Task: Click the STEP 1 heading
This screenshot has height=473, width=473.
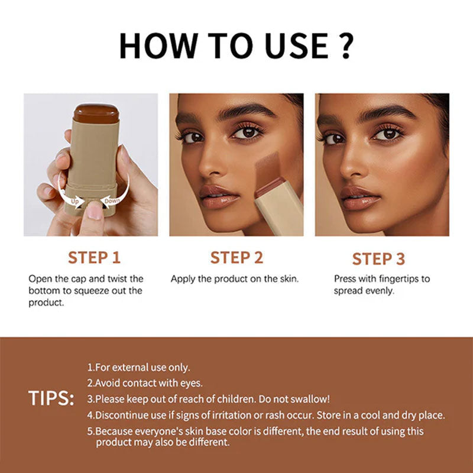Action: point(94,258)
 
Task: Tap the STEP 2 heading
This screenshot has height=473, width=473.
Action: point(237,258)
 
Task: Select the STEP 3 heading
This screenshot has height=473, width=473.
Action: point(378,259)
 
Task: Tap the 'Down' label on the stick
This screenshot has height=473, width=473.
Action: point(112,201)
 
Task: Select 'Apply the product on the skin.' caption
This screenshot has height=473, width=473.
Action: point(235,278)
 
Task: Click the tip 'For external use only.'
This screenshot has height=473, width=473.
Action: point(139,367)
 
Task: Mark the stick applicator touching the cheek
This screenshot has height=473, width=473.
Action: point(263,177)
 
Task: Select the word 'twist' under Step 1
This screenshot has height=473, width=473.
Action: point(116,278)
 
